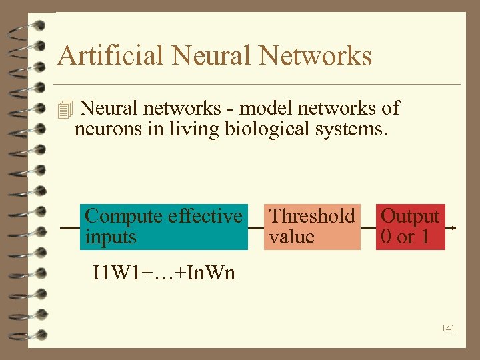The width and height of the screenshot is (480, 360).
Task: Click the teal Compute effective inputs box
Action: [163, 227]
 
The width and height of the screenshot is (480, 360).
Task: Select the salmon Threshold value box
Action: [311, 227]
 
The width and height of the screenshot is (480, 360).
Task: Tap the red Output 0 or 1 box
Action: [410, 227]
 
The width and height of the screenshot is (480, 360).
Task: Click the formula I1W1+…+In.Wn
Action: [163, 273]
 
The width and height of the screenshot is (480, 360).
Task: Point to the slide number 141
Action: [447, 328]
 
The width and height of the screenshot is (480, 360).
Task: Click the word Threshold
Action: [311, 216]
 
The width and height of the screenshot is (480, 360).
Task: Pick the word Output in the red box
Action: [410, 216]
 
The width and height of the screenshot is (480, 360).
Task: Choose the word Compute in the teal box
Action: [124, 216]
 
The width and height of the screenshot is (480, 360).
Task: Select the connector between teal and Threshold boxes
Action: [255, 227]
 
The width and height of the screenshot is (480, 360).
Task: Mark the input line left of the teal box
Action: [69, 227]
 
